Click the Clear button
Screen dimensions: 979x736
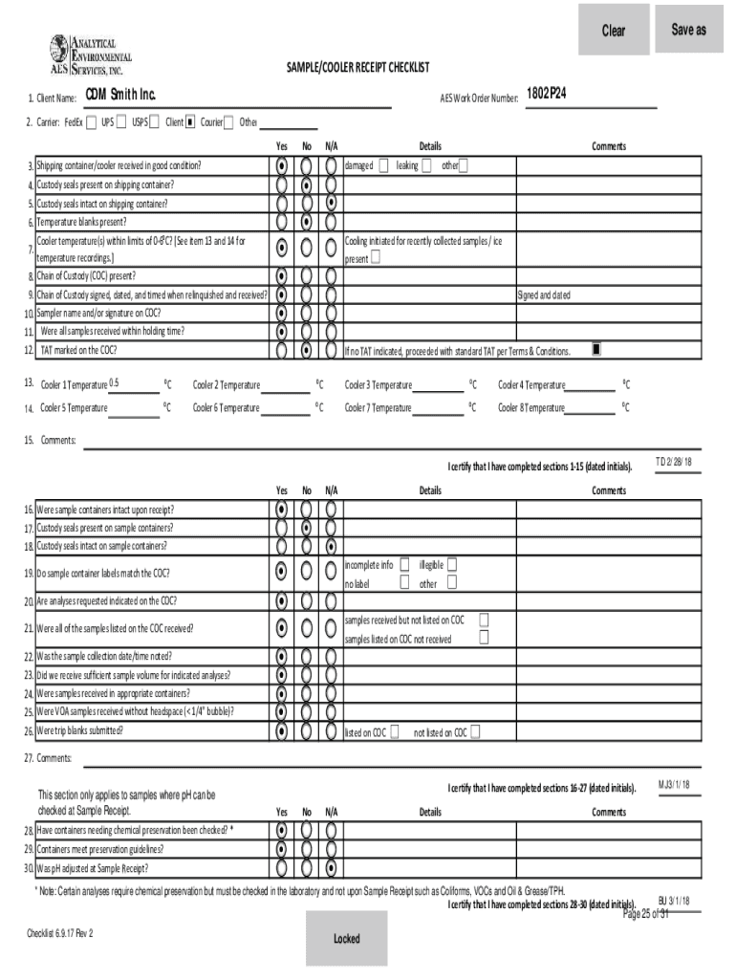point(614,30)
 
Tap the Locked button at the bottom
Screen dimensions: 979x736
point(346,938)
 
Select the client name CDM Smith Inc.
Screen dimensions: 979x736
point(119,96)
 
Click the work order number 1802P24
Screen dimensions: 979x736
point(552,96)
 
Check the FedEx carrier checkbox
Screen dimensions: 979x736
point(91,122)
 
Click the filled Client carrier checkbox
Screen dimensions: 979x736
point(190,122)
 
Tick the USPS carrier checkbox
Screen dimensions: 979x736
point(155,122)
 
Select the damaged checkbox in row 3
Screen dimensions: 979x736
point(383,165)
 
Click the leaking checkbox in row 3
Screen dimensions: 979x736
point(426,165)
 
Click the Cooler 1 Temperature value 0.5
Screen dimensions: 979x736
point(114,383)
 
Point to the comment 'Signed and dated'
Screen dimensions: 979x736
point(544,295)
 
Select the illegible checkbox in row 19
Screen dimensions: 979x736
point(452,565)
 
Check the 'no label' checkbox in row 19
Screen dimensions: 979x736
point(404,583)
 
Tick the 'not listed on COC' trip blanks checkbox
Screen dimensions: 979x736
point(476,732)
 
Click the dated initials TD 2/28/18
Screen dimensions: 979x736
point(673,462)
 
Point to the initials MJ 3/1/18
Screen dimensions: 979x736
point(674,784)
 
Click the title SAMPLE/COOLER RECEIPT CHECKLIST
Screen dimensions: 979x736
point(357,68)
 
